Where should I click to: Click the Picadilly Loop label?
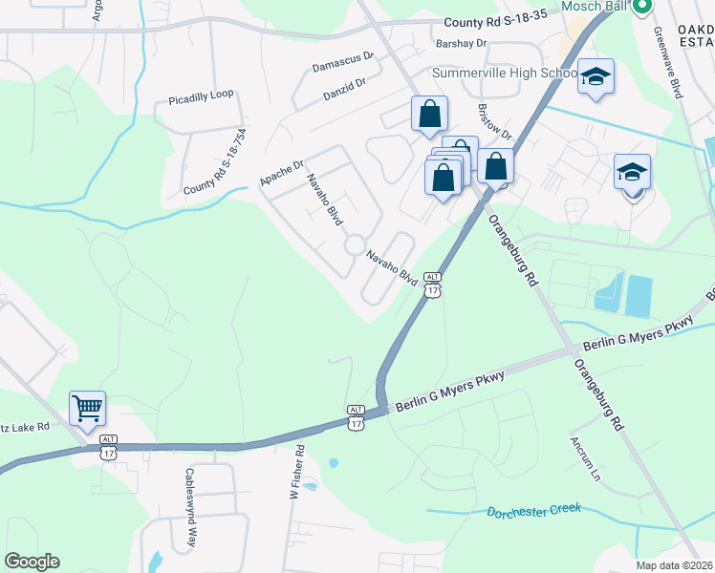[201, 98]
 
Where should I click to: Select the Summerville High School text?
[505, 74]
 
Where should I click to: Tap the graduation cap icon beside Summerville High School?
[596, 77]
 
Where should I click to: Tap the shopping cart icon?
[87, 410]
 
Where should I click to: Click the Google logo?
[32, 562]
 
